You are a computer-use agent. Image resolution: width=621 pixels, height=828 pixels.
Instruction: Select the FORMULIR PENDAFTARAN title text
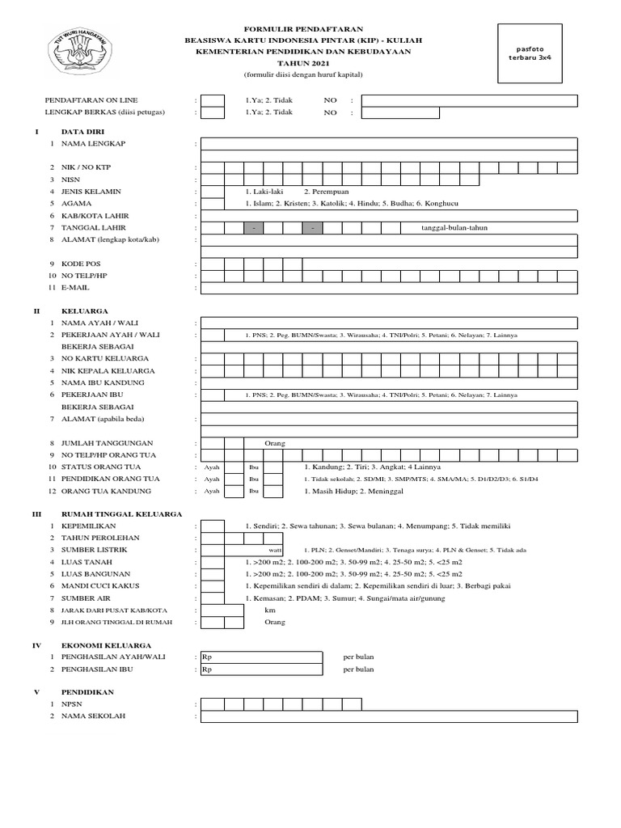coord(303,27)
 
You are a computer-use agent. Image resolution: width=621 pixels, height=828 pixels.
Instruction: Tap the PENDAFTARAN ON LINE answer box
coord(213,101)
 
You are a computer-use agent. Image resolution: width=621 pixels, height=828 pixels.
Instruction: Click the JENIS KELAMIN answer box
coord(213,192)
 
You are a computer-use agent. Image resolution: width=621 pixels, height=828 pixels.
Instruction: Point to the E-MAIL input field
coord(389,287)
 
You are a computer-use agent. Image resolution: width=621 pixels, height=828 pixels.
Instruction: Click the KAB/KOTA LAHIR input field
coord(389,216)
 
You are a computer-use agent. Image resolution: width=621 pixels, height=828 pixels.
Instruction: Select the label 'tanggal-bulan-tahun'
coord(454,228)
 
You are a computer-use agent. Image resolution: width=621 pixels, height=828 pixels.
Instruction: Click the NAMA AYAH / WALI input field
coord(389,323)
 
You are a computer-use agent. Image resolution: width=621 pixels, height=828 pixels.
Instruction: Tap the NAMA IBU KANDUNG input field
coord(389,382)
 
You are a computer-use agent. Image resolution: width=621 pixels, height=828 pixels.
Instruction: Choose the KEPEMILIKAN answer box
coord(213,526)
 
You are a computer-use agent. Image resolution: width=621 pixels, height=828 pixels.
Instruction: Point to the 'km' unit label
coord(270,610)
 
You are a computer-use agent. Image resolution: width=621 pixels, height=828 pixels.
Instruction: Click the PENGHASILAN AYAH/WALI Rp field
coord(262,657)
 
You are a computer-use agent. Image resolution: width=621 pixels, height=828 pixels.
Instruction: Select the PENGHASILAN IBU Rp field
coord(262,670)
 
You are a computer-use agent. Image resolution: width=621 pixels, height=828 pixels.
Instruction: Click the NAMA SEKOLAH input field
coord(389,716)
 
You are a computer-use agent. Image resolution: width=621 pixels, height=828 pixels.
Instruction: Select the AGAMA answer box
coord(213,204)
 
